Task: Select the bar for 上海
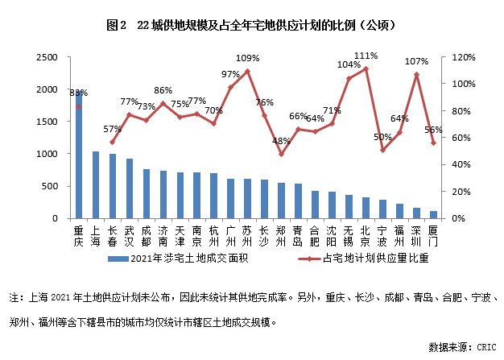click(96, 184)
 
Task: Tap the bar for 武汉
click(130, 188)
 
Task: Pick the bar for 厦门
click(434, 214)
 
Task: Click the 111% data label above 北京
click(366, 56)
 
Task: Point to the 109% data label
click(247, 58)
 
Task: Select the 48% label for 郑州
click(281, 141)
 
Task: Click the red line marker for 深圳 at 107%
click(417, 74)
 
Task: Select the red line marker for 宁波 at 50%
click(383, 151)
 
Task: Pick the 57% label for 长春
click(113, 129)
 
